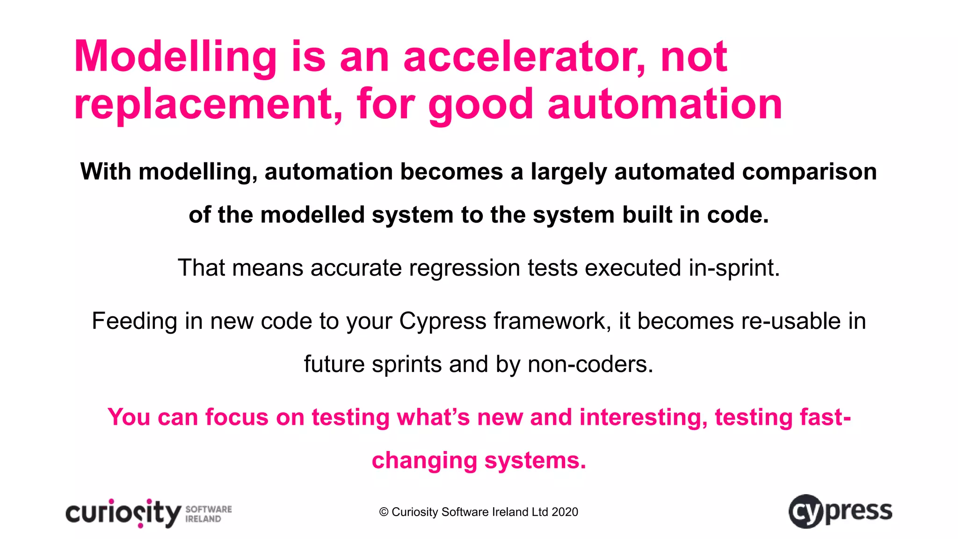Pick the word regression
(x=464, y=268)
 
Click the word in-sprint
(x=734, y=268)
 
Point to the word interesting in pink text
(x=643, y=417)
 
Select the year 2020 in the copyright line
(x=565, y=512)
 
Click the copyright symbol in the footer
(x=384, y=512)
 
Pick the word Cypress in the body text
(x=443, y=321)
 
